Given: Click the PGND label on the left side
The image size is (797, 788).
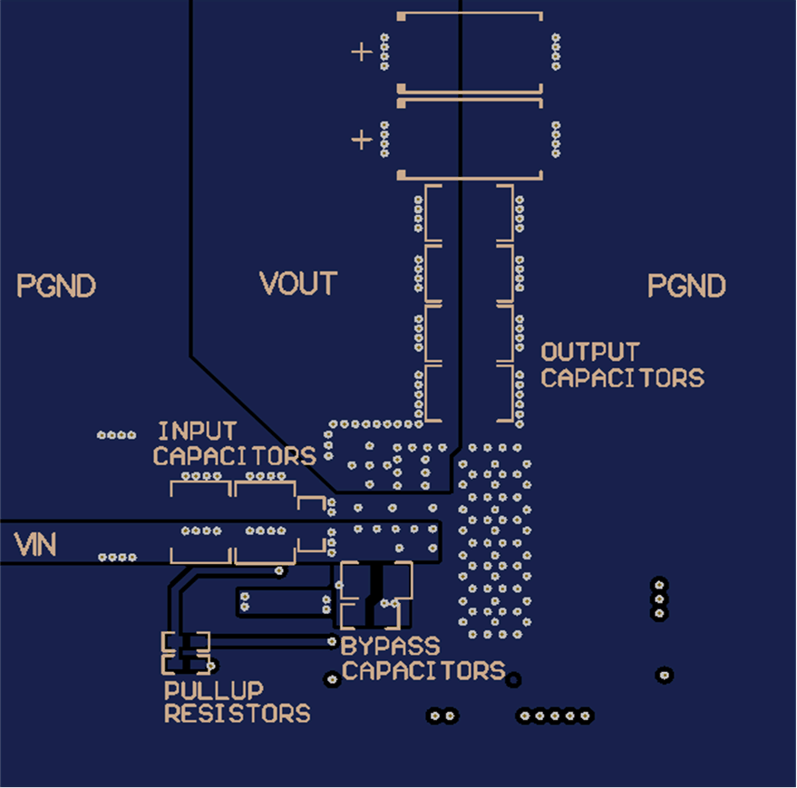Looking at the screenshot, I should point(56,287).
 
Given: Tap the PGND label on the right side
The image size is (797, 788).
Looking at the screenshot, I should point(686,287).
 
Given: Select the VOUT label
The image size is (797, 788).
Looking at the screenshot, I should point(298,284).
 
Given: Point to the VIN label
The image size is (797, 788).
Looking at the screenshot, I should point(35,545).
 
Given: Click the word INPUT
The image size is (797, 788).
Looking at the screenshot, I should point(197,432).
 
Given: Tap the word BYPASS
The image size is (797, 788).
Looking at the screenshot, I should point(391,647).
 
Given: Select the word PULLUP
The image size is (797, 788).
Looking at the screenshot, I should point(214,691).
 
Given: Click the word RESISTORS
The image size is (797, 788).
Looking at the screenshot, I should point(237,714).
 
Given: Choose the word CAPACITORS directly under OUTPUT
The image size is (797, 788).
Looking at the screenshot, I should point(622,377).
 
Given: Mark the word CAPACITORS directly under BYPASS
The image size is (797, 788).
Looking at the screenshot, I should point(423,671).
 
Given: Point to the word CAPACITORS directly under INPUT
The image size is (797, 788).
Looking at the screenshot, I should point(234,456).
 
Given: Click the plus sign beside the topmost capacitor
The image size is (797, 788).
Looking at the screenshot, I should point(362,52).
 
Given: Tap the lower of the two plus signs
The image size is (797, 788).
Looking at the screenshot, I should point(362,140).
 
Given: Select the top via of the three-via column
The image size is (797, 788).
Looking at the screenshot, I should point(659,583).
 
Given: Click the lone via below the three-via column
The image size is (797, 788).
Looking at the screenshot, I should point(665,675).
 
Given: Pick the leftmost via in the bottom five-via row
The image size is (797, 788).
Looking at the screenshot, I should point(525,716).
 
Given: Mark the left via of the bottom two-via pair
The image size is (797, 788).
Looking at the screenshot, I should point(434,716).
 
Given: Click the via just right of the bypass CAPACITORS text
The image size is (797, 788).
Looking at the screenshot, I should point(514,679).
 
